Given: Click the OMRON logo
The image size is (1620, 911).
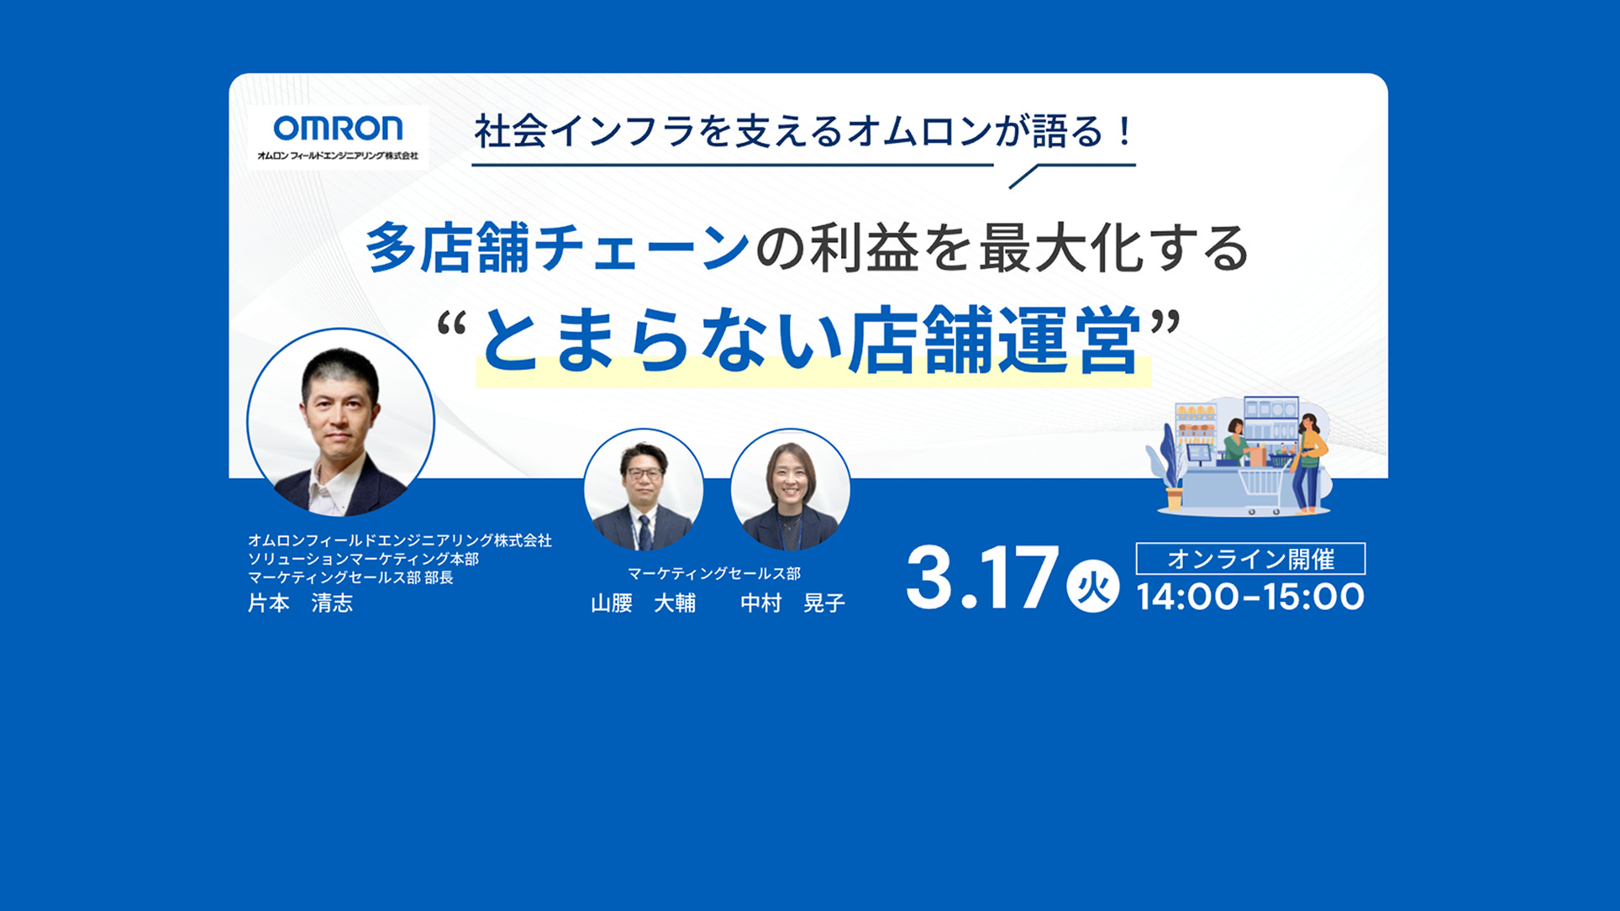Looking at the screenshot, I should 338,129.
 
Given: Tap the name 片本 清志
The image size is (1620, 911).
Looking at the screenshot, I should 300,603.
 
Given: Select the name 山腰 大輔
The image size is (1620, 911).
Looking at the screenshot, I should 643,603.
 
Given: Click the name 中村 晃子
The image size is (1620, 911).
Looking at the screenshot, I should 792,603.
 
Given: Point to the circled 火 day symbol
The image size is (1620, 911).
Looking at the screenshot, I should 1092,586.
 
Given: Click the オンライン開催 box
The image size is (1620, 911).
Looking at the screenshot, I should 1250,559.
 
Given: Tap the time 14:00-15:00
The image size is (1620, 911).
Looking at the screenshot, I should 1250,597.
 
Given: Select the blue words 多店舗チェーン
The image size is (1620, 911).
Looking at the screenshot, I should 557,249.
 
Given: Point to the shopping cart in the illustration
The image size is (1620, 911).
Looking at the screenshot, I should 1260,487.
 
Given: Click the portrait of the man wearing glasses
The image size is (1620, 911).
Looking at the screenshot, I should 644,489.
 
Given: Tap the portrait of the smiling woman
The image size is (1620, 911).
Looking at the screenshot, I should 791,489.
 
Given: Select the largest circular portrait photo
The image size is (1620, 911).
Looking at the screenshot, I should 340,422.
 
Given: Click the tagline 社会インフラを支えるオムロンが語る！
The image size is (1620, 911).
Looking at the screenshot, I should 804,132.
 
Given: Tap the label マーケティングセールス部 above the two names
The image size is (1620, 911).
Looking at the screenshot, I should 714,573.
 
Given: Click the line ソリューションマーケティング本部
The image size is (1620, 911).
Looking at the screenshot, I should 363,559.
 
